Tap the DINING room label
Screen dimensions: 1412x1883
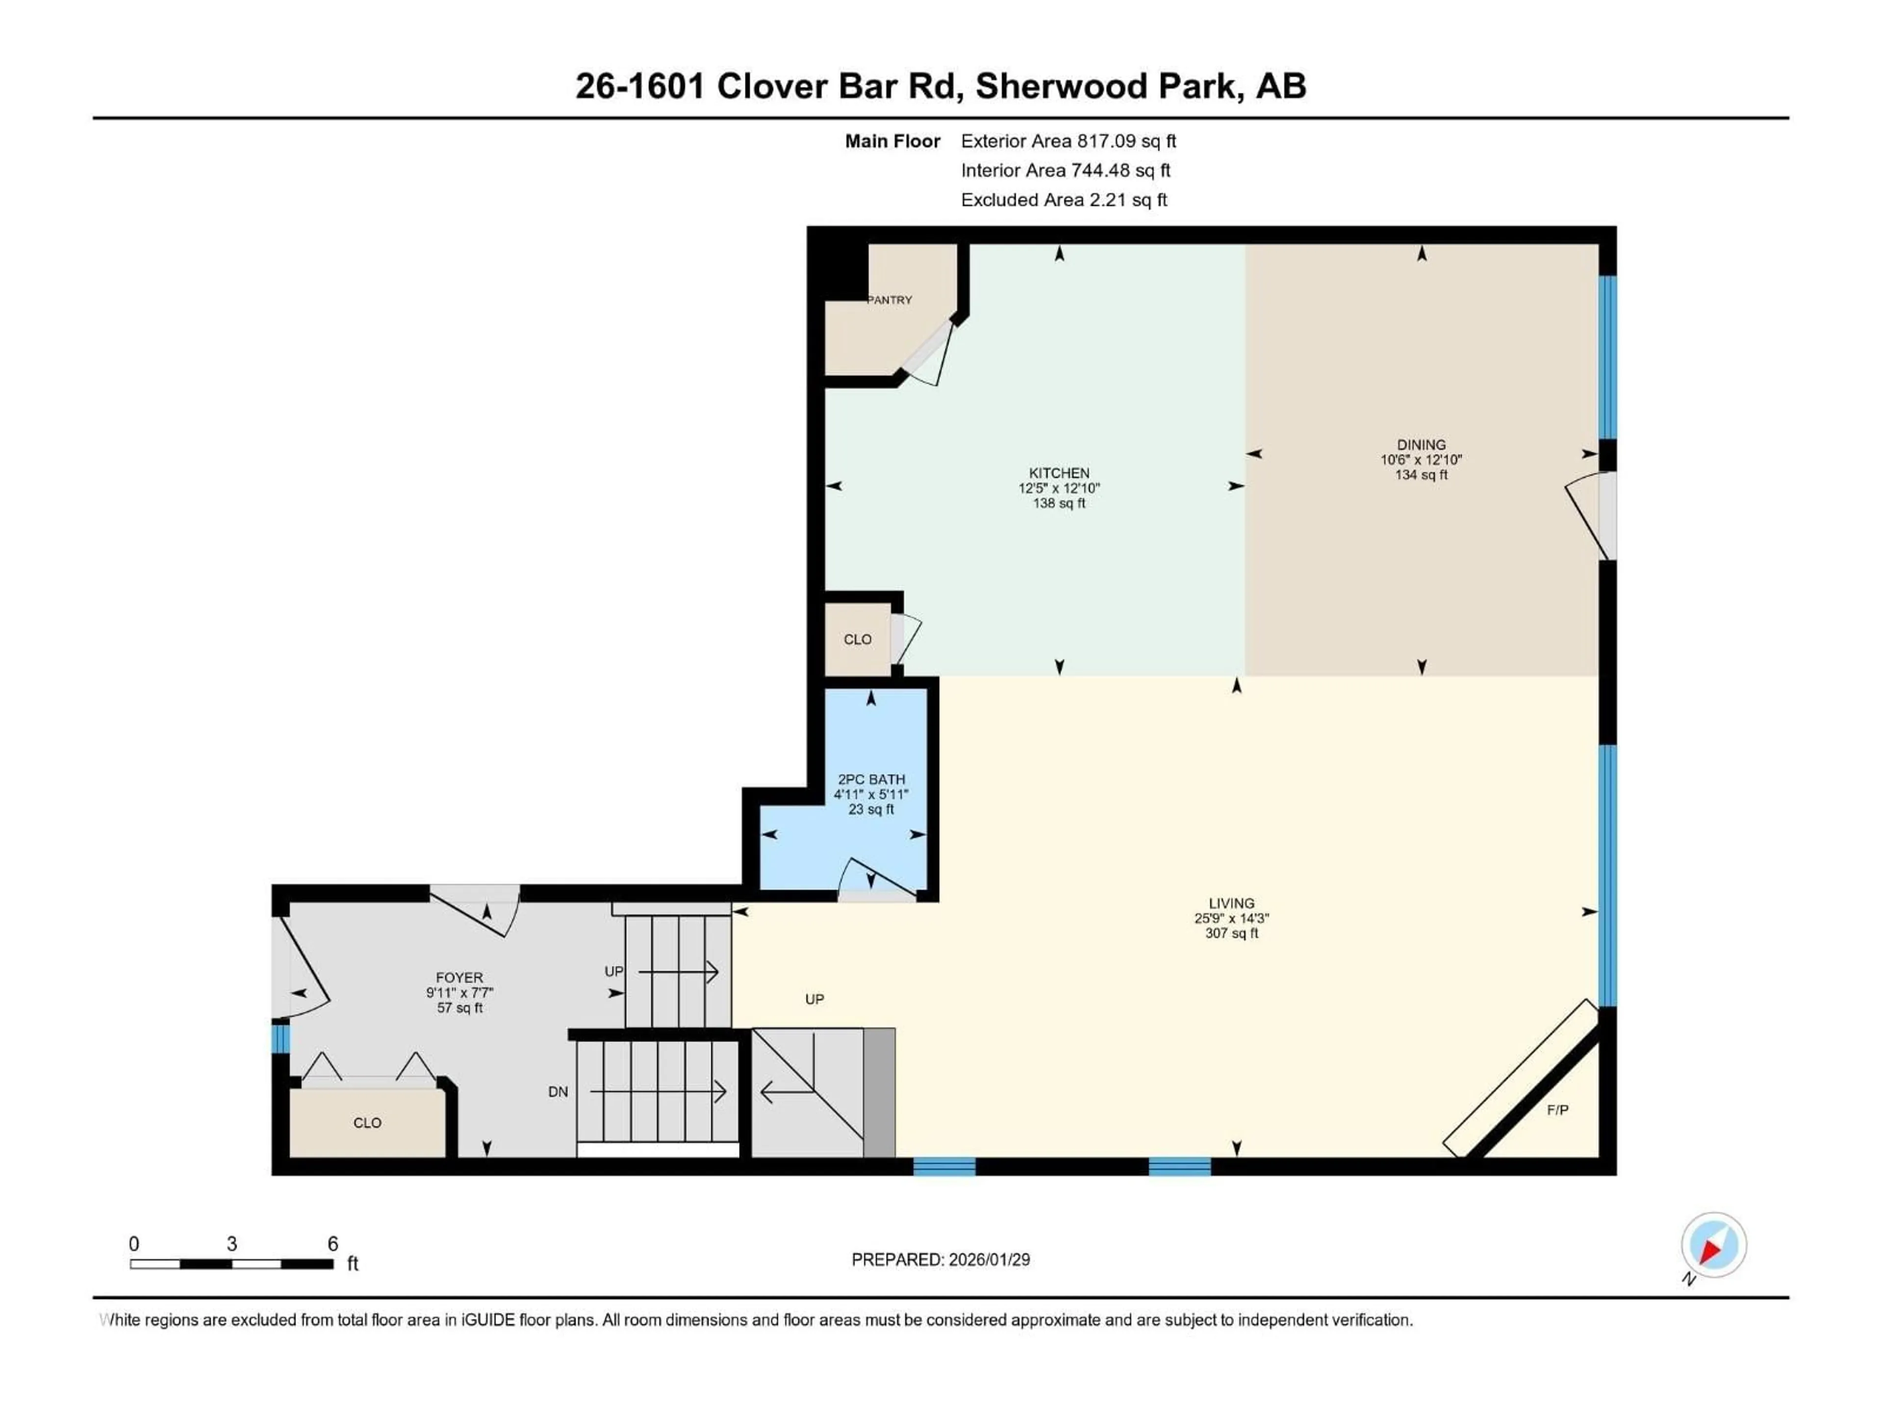coord(1421,444)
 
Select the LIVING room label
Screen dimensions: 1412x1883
coord(1231,903)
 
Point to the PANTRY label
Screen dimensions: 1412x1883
coord(890,300)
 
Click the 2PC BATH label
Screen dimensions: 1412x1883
coord(871,779)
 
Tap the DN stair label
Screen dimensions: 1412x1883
coord(558,1092)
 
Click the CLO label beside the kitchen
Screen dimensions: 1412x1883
coord(857,639)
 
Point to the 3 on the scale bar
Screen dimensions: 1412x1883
coord(231,1243)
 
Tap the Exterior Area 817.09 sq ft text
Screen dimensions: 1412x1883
coord(1069,141)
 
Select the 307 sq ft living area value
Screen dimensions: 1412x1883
coord(1231,933)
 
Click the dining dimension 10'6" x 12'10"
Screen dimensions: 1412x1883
coord(1421,459)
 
